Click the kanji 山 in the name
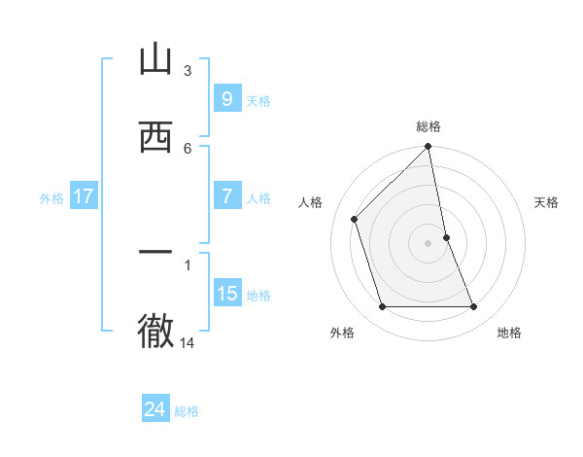pos(155,60)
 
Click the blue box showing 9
pos(226,99)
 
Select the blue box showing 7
pos(226,196)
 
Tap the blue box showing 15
pos(226,294)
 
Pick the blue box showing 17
pos(83,196)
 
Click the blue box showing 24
pos(155,409)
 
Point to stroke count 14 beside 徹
pos(188,342)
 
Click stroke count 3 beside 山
pos(188,70)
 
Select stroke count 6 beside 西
pos(188,148)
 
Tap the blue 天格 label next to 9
pos(258,100)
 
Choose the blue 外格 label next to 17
pos(51,197)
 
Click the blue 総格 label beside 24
pos(188,410)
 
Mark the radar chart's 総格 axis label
pos(429,126)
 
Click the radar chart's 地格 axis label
pos(509,333)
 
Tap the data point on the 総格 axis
pos(429,147)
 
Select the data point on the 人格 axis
pos(355,219)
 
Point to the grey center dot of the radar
pos(429,243)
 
